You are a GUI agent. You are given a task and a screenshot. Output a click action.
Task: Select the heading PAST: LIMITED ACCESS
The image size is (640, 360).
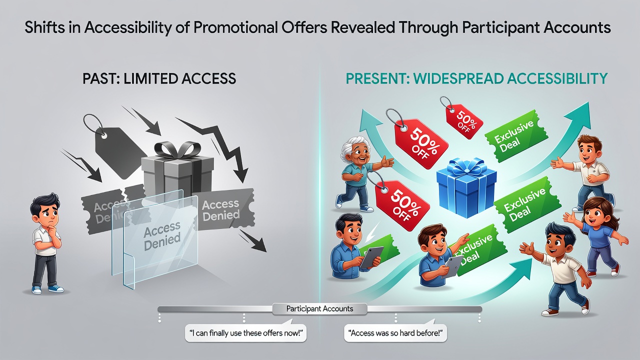pos(159,78)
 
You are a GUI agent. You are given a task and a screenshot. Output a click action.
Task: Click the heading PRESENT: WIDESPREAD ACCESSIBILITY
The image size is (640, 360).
pos(476,78)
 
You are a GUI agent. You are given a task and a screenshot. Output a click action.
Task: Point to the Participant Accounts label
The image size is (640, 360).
pos(319,309)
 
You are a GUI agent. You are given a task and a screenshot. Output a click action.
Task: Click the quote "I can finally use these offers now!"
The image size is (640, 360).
pos(245,333)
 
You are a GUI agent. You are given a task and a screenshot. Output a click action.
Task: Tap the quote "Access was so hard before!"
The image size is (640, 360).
pos(395,333)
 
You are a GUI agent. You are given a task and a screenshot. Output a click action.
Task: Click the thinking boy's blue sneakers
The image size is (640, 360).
pos(47,289)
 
